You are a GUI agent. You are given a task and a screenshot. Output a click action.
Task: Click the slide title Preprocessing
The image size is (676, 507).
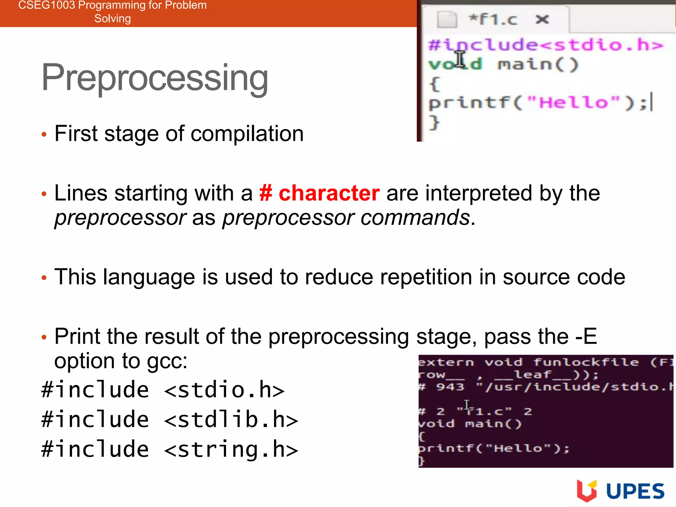[x=154, y=78]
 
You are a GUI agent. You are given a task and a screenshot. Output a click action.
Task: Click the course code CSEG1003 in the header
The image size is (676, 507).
[x=46, y=5]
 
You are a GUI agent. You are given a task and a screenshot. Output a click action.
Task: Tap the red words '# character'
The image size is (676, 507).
[x=319, y=193]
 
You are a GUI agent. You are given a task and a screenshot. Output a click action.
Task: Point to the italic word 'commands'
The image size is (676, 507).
[x=415, y=218]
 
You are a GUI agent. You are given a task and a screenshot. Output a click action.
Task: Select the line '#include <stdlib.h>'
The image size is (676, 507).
[x=170, y=420]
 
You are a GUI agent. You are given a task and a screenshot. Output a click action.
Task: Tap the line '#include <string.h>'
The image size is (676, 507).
[x=170, y=449]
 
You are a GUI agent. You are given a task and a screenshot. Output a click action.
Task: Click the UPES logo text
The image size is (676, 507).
[x=635, y=491]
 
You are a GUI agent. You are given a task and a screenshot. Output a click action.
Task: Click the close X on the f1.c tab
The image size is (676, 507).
[x=542, y=19]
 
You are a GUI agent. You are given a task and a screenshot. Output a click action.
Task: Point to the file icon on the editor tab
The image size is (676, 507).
[x=447, y=19]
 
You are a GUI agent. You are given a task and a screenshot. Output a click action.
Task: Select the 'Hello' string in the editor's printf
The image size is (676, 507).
[x=574, y=103]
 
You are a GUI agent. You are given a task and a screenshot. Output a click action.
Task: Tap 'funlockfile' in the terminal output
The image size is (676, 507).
[x=586, y=362]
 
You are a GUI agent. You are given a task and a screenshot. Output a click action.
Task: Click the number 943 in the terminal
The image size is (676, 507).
[x=450, y=387]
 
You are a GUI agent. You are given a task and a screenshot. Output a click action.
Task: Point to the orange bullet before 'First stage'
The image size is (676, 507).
[x=44, y=134]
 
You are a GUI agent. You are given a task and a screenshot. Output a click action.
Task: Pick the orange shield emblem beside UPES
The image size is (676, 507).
[x=587, y=490]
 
